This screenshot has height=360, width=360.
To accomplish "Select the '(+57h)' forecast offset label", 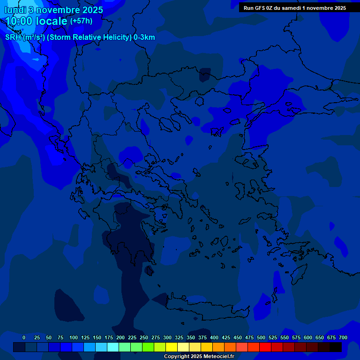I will [x=81, y=21].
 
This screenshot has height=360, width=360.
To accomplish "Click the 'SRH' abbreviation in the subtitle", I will [x=13, y=37].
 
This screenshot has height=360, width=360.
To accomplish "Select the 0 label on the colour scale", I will [x=24, y=337].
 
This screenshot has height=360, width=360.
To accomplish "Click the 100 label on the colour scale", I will [x=74, y=337].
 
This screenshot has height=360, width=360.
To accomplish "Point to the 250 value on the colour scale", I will [x=144, y=337].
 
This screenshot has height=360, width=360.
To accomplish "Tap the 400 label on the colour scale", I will [x=214, y=337].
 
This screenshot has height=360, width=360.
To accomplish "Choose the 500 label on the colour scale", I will [x=261, y=337].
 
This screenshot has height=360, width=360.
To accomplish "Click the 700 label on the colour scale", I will [x=343, y=337].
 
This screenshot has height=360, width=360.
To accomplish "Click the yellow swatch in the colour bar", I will [x=172, y=347].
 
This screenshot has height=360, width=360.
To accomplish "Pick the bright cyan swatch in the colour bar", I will [x=112, y=347].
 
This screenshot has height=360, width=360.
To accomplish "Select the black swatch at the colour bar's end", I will [x=336, y=347].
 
